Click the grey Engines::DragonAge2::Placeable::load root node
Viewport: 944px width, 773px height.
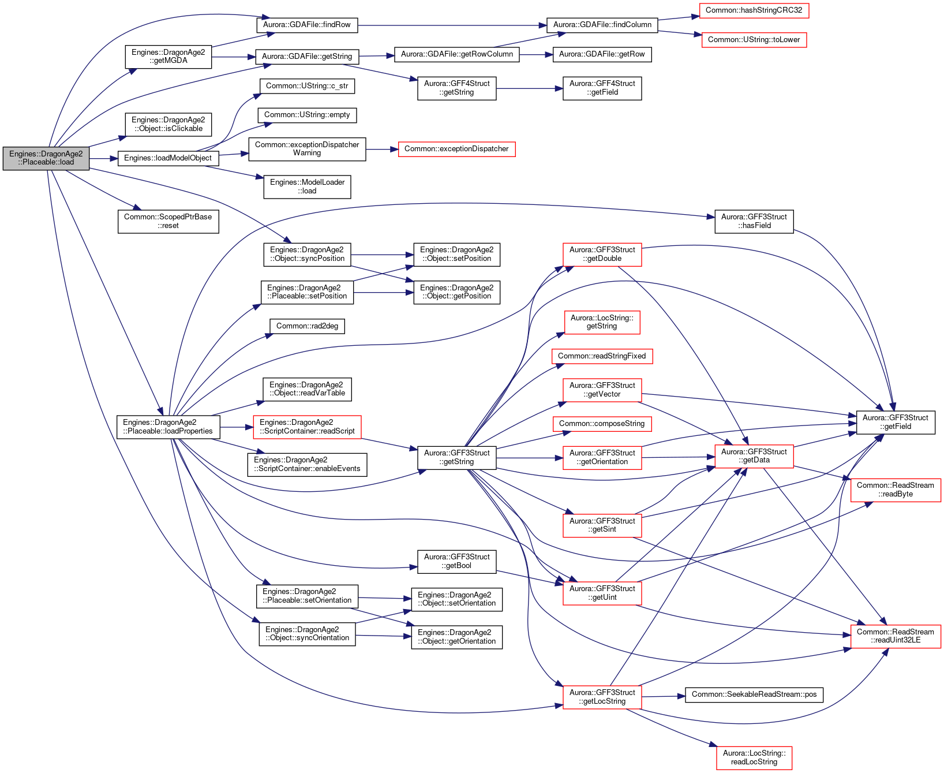pyautogui.click(x=46, y=158)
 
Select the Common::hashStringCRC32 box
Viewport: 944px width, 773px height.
pyautogui.click(x=754, y=10)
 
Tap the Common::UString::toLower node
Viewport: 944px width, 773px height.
pyautogui.click(x=754, y=40)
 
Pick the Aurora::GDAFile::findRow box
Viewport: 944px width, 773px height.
pyautogui.click(x=307, y=25)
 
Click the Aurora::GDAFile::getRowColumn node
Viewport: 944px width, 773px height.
pyautogui.click(x=457, y=54)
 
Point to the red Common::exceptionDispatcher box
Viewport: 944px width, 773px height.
pyautogui.click(x=456, y=149)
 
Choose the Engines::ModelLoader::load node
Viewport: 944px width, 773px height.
pyautogui.click(x=307, y=186)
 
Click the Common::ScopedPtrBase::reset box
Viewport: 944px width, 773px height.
pyautogui.click(x=168, y=221)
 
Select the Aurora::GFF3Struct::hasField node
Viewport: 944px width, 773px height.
pyautogui.click(x=754, y=221)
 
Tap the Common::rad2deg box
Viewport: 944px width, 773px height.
pyautogui.click(x=307, y=326)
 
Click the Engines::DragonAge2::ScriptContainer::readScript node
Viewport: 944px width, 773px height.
pyautogui.click(x=307, y=427)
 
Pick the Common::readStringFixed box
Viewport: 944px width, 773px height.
pyautogui.click(x=602, y=356)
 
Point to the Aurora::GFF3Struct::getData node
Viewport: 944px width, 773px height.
pyautogui.click(x=754, y=456)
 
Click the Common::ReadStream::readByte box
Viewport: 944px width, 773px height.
pyautogui.click(x=896, y=490)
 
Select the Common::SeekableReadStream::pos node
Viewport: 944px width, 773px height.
pyautogui.click(x=754, y=694)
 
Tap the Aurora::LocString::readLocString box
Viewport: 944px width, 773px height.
pyautogui.click(x=754, y=757)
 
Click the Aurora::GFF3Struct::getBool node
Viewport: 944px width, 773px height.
pyautogui.click(x=457, y=561)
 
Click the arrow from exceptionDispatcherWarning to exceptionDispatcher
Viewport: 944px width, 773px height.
pyautogui.click(x=382, y=149)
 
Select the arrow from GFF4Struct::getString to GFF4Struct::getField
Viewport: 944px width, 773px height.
pyautogui.click(x=530, y=88)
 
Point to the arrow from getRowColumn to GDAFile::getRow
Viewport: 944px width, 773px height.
pyautogui.click(x=536, y=54)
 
